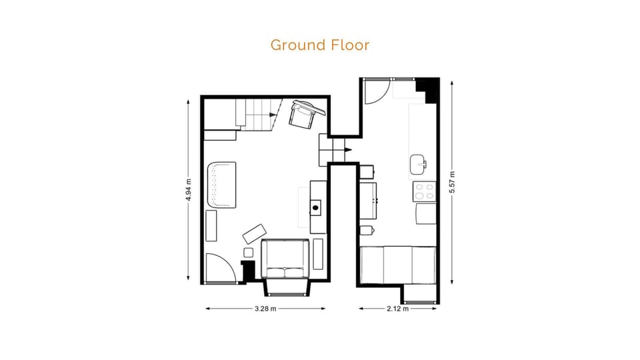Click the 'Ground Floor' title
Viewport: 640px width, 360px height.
pos(319,45)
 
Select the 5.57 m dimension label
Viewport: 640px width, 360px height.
pos(453,181)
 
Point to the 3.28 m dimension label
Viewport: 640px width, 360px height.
pos(265,309)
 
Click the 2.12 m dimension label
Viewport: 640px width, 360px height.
pos(399,309)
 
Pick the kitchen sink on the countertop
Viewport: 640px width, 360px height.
pos(419,163)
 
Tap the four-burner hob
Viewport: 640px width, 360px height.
pos(424,192)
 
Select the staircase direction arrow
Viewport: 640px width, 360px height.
pos(271,115)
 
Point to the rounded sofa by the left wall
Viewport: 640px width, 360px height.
pos(221,184)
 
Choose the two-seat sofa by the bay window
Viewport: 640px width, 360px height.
pos(285,259)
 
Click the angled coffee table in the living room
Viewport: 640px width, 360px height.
pos(254,233)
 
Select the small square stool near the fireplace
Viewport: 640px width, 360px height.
pos(249,252)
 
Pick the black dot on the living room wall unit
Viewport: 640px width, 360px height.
pos(315,208)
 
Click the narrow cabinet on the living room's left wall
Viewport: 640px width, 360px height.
pos(211,225)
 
